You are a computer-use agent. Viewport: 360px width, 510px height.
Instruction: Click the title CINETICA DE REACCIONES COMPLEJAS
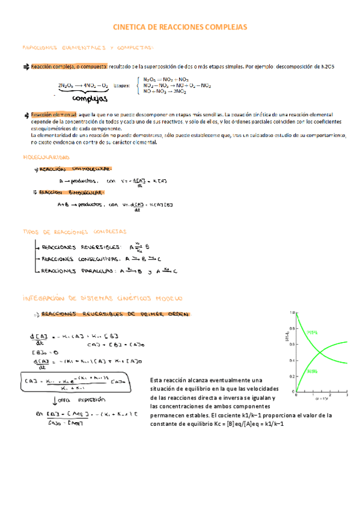click(180, 27)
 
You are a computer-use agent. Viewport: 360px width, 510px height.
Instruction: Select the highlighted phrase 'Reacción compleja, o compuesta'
click(69, 67)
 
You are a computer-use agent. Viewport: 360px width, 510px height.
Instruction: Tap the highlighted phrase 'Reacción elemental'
click(53, 114)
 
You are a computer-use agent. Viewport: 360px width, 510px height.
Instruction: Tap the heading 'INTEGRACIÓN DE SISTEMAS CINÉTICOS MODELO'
click(102, 298)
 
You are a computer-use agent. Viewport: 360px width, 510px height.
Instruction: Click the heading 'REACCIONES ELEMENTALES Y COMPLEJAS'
click(88, 48)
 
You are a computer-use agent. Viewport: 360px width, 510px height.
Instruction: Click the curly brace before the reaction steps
click(139, 85)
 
